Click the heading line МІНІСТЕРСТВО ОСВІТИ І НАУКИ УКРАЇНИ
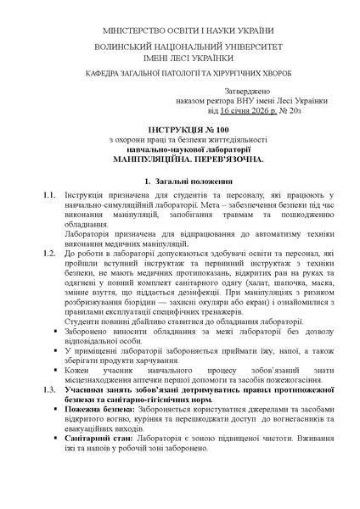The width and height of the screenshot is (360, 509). point(179,31)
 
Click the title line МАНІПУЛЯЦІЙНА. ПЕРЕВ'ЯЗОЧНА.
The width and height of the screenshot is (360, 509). point(179,159)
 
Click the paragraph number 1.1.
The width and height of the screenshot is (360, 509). point(49,197)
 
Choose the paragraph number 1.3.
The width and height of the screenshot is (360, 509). point(49,386)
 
